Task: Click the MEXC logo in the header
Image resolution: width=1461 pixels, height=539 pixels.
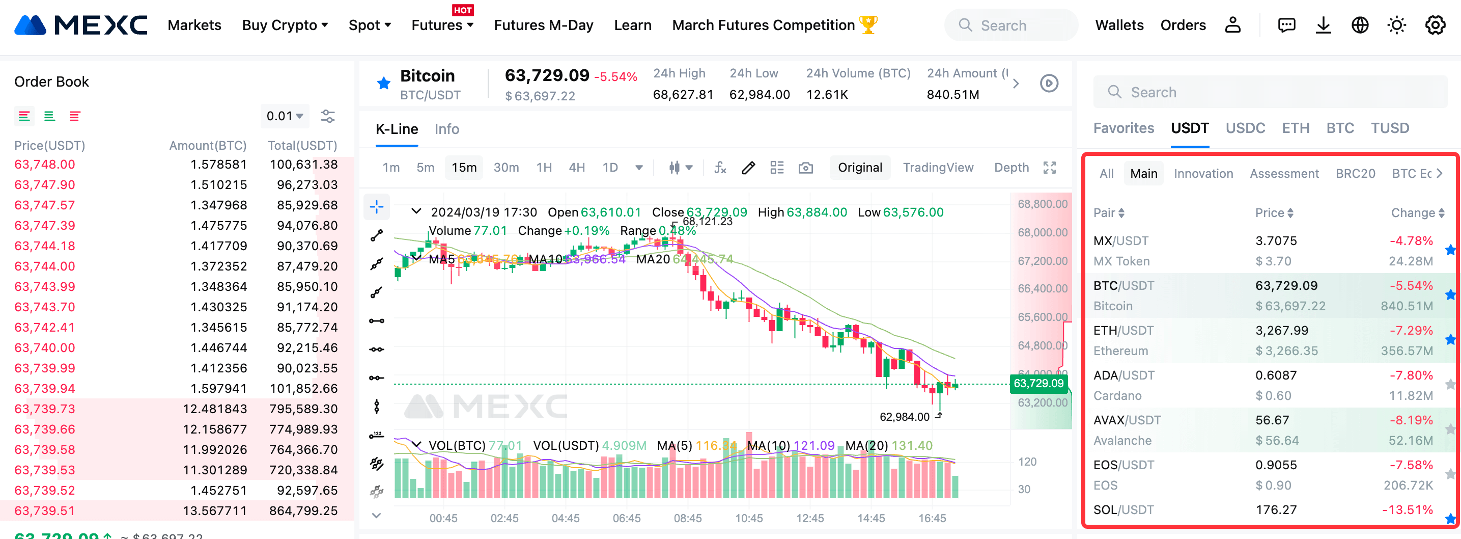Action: coord(80,25)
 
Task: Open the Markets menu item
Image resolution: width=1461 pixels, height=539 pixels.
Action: coord(194,25)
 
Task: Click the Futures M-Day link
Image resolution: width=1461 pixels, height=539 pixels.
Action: coord(543,25)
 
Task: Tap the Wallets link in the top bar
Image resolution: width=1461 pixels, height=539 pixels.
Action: coord(1118,25)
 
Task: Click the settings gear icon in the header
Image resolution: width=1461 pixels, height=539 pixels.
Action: coord(1435,25)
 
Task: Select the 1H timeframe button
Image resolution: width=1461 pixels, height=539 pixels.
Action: coord(543,168)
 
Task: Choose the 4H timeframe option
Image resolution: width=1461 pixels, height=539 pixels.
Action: coord(576,168)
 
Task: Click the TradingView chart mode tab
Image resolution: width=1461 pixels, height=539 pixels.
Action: coord(938,168)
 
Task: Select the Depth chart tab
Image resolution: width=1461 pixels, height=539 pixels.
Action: coord(1010,168)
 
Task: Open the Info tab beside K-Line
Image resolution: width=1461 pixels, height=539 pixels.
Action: coord(446,129)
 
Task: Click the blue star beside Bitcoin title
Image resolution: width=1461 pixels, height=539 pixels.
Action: coord(384,84)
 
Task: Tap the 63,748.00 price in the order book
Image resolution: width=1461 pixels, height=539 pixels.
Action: coord(44,165)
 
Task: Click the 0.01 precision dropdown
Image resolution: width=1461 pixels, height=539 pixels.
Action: coord(284,116)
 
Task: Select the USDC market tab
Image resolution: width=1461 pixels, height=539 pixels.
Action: coord(1245,128)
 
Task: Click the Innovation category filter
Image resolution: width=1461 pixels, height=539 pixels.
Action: coord(1203,174)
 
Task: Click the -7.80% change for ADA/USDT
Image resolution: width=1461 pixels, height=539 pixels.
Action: coord(1411,375)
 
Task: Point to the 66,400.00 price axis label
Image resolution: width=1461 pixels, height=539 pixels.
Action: coord(1042,289)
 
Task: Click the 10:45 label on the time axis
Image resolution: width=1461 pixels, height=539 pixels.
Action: coord(749,518)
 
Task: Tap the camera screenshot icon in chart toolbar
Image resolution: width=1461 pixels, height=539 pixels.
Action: coord(805,168)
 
